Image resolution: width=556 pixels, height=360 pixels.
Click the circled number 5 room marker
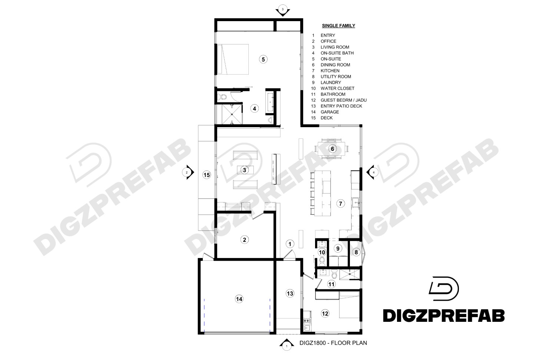263,59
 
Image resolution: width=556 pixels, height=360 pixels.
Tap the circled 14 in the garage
239,299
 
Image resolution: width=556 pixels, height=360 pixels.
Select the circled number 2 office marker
245,240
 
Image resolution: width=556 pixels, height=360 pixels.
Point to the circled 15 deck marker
207,175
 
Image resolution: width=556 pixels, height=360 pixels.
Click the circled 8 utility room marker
356,252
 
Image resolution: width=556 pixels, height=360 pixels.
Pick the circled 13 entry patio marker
290,294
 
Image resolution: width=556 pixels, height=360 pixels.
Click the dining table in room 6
332,149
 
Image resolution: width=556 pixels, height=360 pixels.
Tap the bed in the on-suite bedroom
233,59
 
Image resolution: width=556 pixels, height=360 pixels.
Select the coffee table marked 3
245,170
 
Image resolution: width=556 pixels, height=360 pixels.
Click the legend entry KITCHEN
330,70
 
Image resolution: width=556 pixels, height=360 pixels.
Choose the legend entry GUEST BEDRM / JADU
343,100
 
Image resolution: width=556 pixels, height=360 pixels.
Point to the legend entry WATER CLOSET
337,88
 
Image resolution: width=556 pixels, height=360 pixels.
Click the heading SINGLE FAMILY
338,26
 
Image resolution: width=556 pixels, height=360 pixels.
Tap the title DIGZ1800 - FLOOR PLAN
333,343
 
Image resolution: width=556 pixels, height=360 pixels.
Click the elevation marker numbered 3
282,10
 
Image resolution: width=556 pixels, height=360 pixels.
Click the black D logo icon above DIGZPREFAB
443,288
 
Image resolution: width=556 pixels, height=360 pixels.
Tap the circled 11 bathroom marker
331,284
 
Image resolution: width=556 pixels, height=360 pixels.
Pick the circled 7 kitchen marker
341,203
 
